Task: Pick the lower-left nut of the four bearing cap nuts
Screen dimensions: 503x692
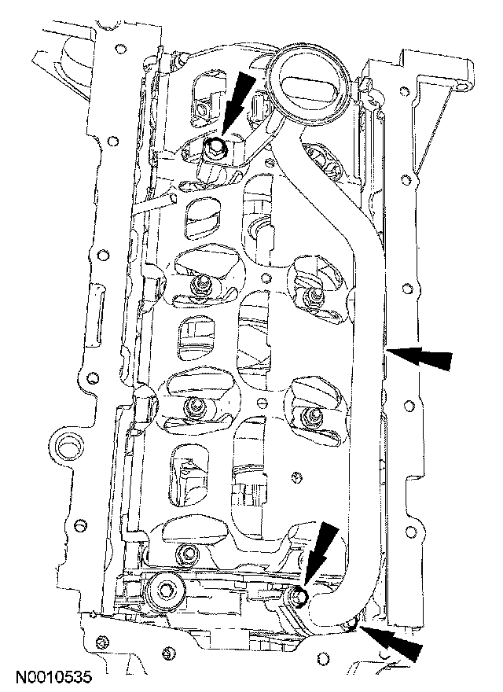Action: (192, 407)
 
